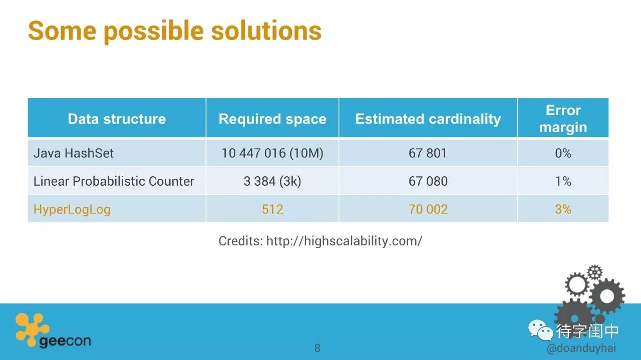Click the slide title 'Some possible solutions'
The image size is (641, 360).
(x=175, y=31)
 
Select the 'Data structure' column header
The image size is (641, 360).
(x=117, y=119)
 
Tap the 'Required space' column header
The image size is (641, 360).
(x=272, y=119)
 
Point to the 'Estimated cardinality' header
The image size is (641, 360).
(x=428, y=119)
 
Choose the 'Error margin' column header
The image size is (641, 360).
(x=563, y=119)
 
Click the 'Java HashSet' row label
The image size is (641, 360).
(x=74, y=153)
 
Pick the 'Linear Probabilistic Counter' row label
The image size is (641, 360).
(x=114, y=181)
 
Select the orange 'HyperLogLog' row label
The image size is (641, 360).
(x=72, y=209)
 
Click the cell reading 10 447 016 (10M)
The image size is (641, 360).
(x=272, y=153)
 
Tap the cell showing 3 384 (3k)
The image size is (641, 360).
(x=272, y=181)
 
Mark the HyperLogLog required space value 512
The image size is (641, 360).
(x=272, y=209)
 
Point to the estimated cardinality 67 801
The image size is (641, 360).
(x=428, y=153)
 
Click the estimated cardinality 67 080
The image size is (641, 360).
(x=428, y=181)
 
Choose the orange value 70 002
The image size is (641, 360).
(x=428, y=209)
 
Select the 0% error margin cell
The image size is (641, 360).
(x=563, y=153)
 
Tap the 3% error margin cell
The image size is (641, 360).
(x=563, y=209)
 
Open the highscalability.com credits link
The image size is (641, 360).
(x=344, y=241)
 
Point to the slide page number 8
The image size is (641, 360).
(x=317, y=348)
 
